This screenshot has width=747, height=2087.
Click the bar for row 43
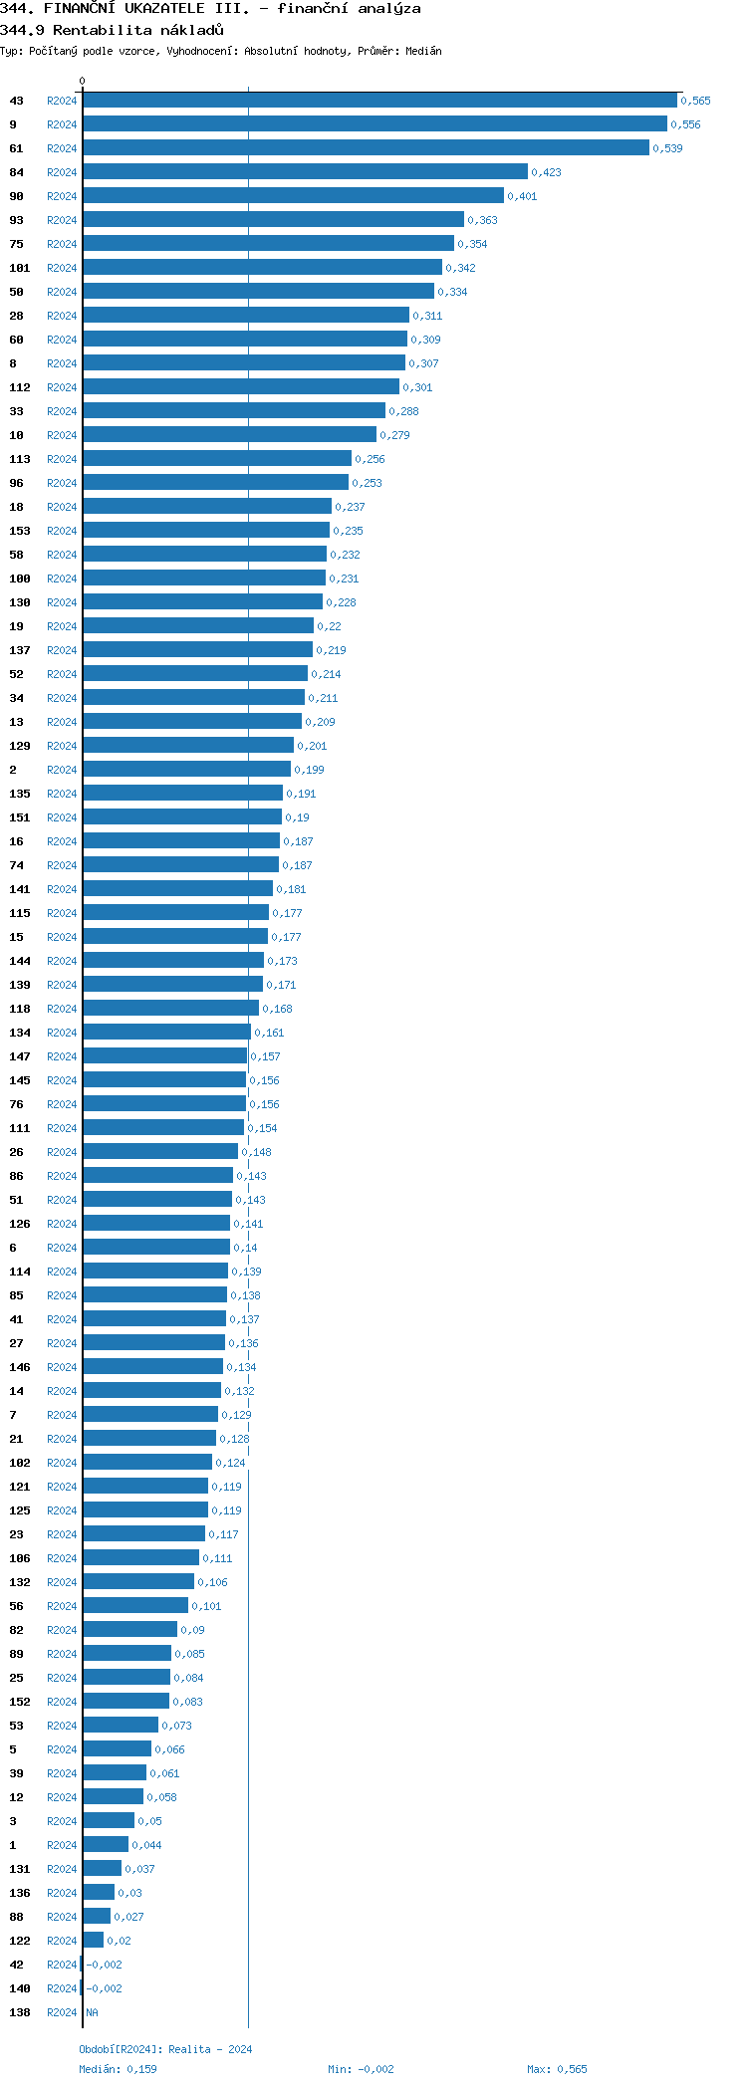(379, 101)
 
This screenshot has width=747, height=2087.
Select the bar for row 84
(305, 172)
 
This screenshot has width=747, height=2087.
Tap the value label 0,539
(667, 148)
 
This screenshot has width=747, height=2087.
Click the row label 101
(20, 268)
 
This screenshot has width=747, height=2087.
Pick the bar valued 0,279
(229, 435)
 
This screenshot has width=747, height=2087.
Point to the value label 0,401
(521, 196)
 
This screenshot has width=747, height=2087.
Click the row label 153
(20, 531)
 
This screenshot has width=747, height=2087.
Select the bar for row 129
(188, 746)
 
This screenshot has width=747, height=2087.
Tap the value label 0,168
(277, 1009)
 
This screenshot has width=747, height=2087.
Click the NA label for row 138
(92, 2012)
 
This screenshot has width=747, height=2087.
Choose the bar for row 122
(93, 1941)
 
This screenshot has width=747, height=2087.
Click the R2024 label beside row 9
(62, 124)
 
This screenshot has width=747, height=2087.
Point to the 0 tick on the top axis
(82, 81)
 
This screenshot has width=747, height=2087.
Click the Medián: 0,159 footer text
(118, 2069)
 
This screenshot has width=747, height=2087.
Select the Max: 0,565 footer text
(557, 2069)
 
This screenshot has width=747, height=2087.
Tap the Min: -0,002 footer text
(361, 2069)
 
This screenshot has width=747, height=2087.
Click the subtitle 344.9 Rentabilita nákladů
(112, 30)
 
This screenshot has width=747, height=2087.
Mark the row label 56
(16, 1606)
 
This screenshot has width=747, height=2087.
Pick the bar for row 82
(129, 1630)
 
